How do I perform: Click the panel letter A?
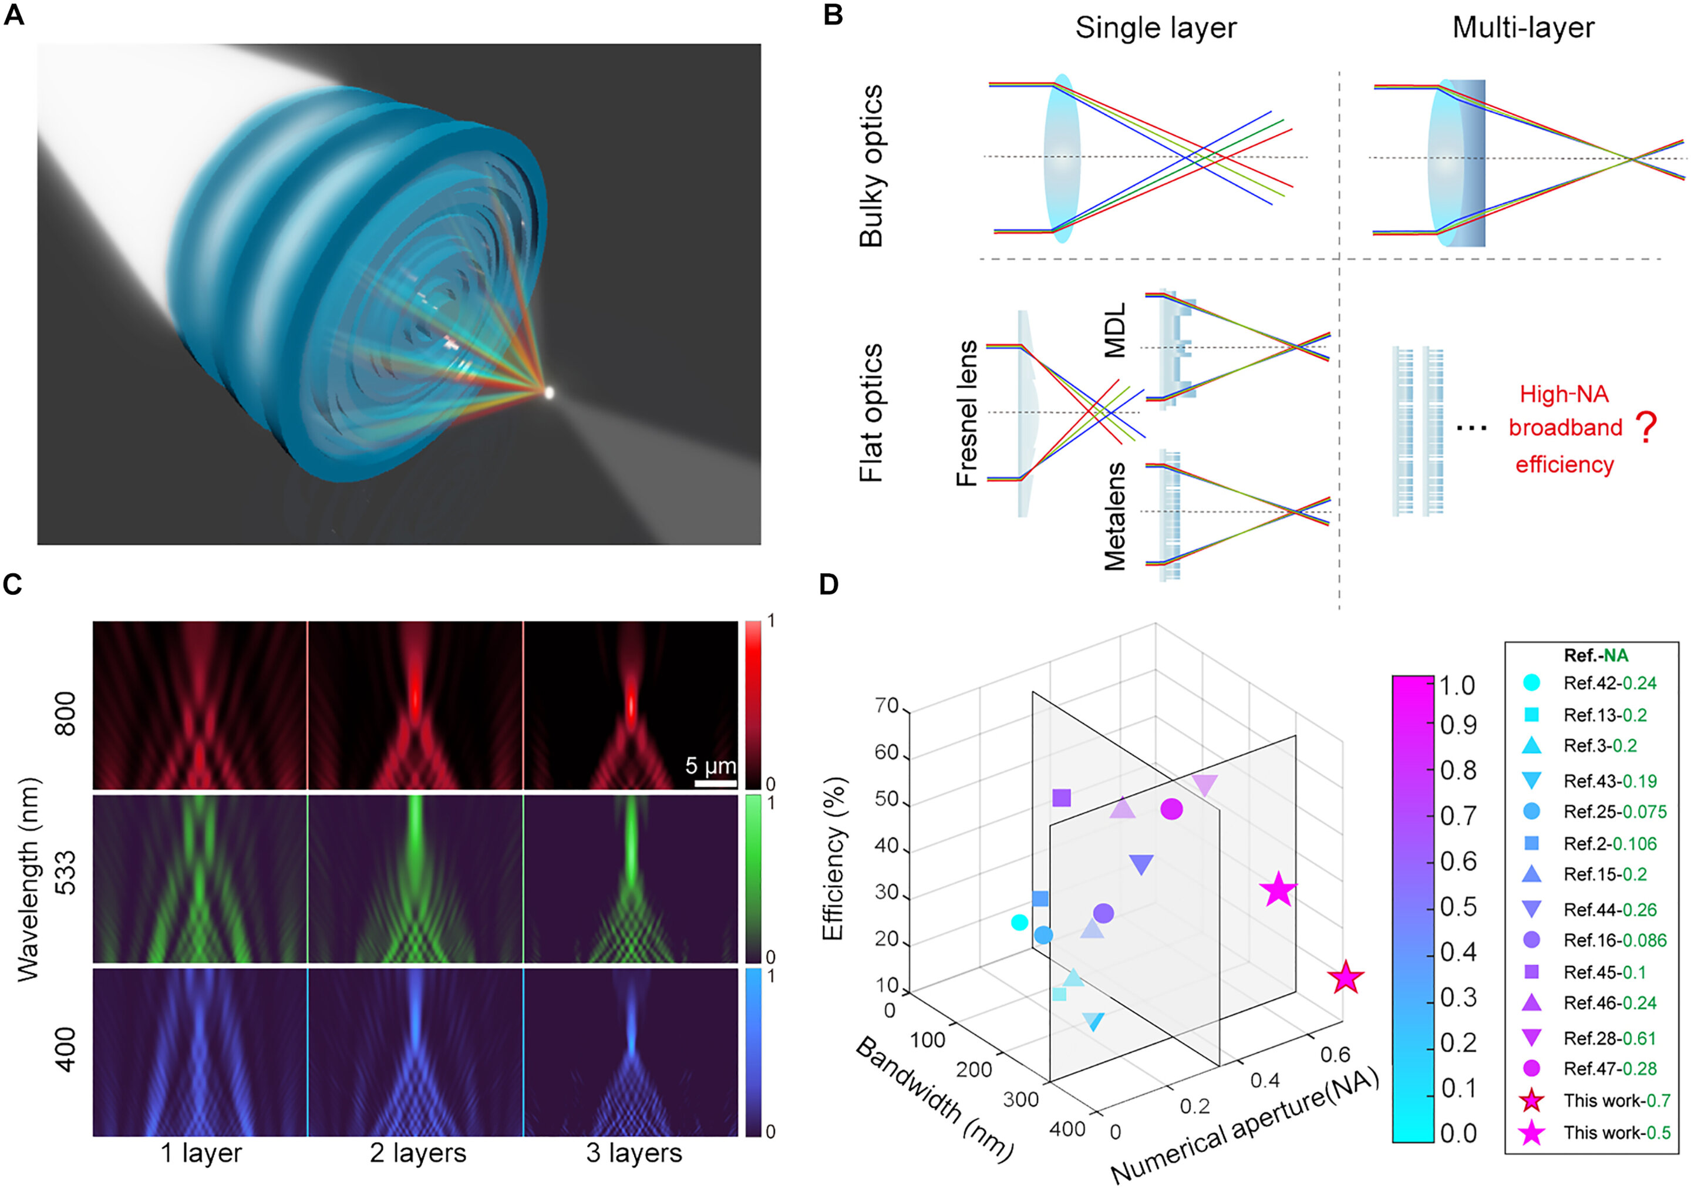pos(14,15)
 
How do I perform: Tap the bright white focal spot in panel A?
pos(548,392)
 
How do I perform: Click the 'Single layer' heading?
pos(1155,28)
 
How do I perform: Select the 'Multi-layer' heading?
pos(1522,28)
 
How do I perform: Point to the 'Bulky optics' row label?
pos(871,166)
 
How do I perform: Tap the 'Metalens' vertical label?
pos(1116,516)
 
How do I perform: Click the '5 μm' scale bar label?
pos(710,766)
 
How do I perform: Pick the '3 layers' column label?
pos(634,1153)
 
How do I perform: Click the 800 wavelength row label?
pos(66,713)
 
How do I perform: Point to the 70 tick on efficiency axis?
pos(886,706)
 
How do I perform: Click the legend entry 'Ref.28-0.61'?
pos(1609,1038)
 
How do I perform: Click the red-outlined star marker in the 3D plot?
pos(1345,978)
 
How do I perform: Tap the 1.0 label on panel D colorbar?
pos(1457,686)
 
